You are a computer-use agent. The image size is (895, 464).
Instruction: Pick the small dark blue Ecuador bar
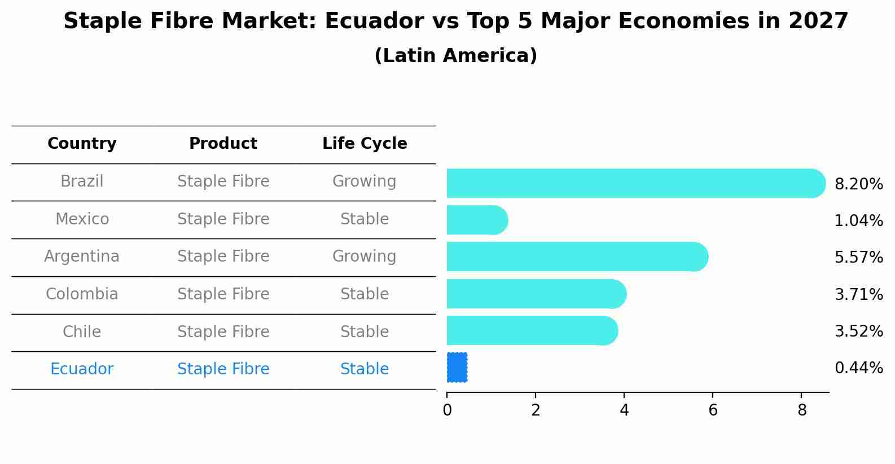(457, 368)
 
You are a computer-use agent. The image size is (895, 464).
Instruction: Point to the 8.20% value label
(858, 184)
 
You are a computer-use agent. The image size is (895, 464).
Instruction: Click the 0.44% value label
(858, 368)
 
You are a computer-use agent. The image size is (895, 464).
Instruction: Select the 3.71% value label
(858, 295)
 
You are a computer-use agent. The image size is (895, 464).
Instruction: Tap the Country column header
(82, 144)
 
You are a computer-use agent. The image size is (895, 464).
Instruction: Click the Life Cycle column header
(365, 144)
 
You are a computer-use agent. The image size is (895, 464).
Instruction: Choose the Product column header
(223, 144)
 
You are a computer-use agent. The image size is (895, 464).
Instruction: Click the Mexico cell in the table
(82, 219)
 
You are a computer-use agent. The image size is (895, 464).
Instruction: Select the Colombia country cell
(82, 294)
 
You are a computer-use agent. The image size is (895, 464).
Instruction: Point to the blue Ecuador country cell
(82, 369)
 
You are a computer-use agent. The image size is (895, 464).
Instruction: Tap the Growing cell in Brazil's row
(364, 182)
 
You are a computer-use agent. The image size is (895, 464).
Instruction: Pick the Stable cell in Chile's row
(364, 332)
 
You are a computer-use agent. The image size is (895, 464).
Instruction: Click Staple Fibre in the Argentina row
(223, 257)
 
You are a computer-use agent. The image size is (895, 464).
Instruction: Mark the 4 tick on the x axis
(624, 410)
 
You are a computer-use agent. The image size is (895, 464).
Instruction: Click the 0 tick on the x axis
(447, 410)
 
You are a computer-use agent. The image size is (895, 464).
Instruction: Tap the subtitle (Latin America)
(455, 56)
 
